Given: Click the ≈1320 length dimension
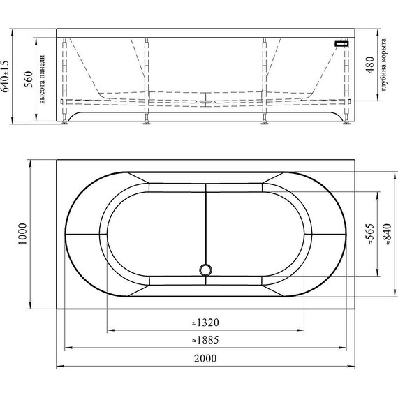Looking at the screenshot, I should coord(205,323).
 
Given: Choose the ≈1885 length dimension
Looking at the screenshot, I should coord(205,340).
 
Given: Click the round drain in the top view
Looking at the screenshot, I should coord(205,269).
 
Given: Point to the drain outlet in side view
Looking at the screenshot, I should coord(205,102).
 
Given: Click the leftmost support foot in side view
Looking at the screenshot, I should coord(66,124).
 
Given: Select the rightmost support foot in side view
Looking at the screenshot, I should coord(346,124).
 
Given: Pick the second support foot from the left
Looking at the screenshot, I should coord(147,124).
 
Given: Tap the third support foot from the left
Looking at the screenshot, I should coord(265,124).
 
